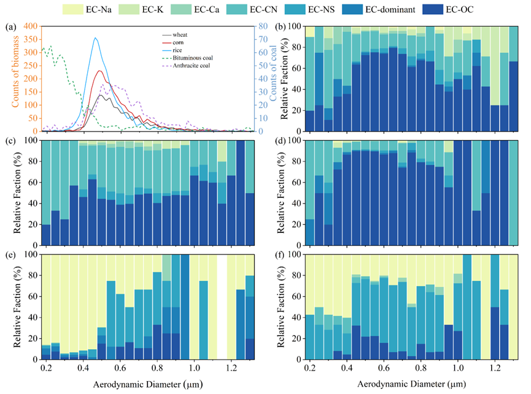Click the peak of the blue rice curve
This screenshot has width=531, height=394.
[x=95, y=38]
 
